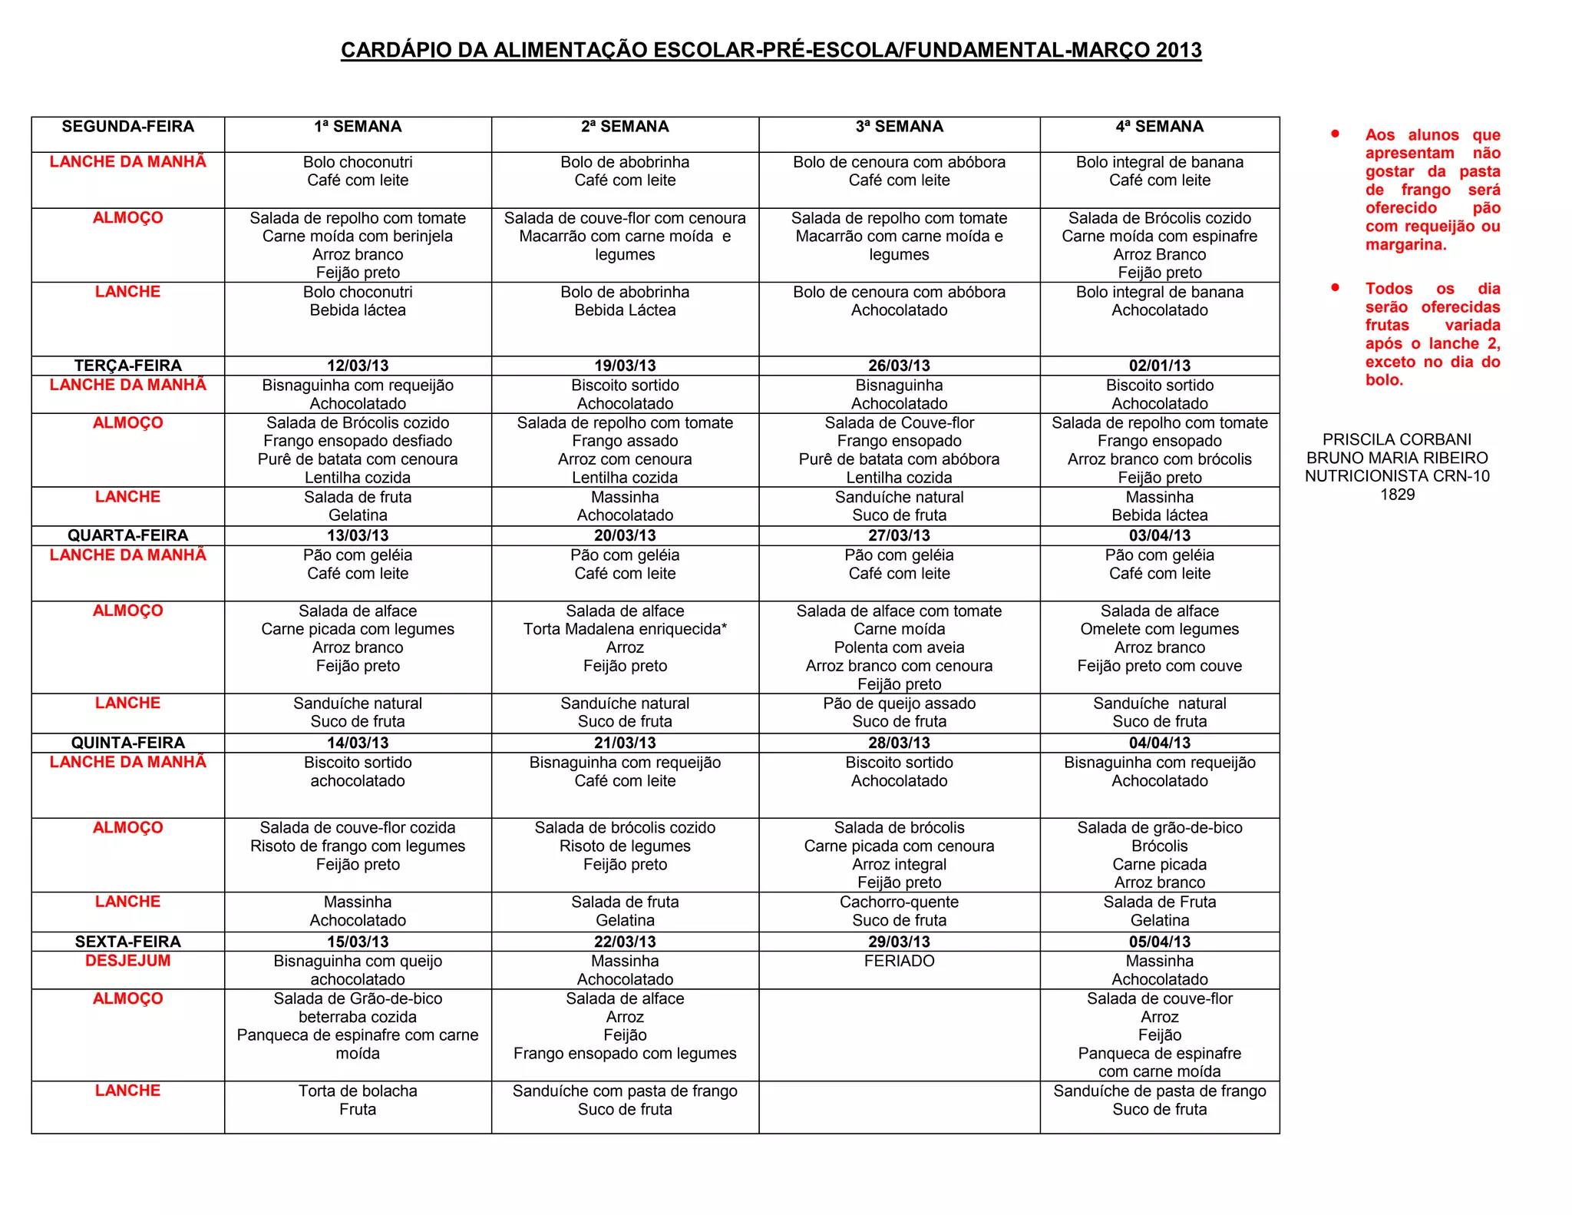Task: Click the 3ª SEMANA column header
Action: pos(899,127)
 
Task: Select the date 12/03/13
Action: pos(358,366)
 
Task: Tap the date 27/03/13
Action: pos(899,535)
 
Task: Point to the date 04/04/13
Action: pos(1159,743)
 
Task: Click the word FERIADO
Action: pos(899,961)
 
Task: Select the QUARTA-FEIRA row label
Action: pos(127,535)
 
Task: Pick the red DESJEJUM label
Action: pos(127,961)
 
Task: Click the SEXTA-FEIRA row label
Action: pos(127,942)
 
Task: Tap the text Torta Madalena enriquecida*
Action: pos(625,629)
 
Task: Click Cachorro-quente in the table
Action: pos(899,902)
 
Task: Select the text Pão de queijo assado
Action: pos(899,704)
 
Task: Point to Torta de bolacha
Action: pos(358,1091)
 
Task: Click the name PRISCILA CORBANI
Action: pos(1397,439)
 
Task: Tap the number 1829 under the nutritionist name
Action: pos(1397,495)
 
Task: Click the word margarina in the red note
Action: pos(1405,245)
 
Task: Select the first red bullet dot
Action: pos(1336,134)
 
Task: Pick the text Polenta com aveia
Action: pos(899,647)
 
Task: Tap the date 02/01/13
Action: pos(1159,366)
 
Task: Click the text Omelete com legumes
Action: pos(1159,629)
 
